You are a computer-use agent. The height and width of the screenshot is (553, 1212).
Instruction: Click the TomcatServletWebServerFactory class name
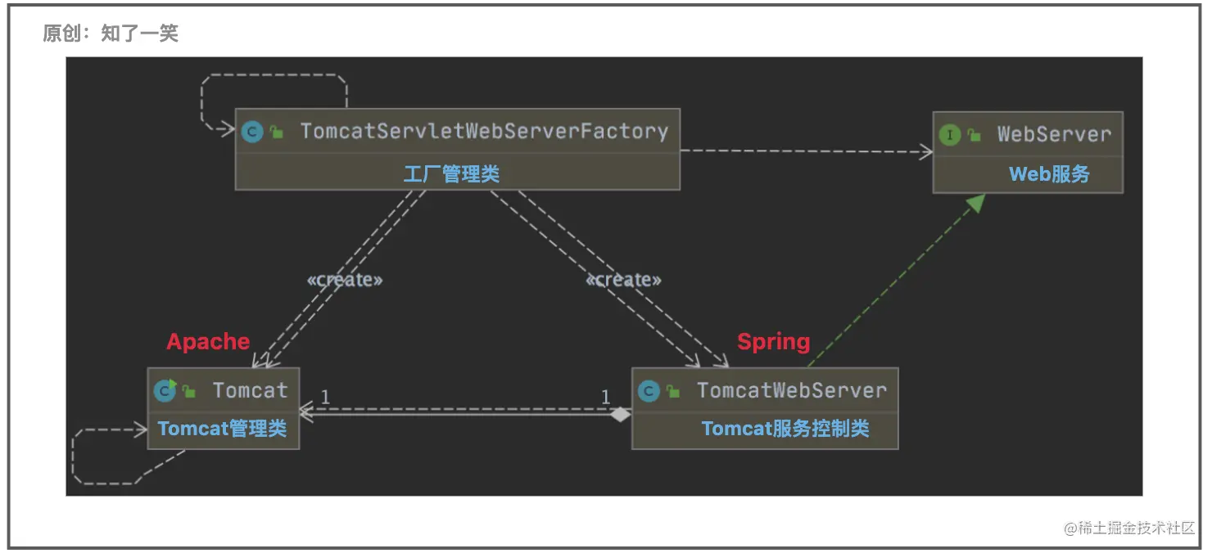[x=484, y=131]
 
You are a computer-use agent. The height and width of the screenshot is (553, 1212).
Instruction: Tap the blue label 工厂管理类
[x=451, y=173]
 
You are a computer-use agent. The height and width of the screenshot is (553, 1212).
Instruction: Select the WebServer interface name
[x=1054, y=135]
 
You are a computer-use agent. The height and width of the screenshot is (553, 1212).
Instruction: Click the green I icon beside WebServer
[x=950, y=135]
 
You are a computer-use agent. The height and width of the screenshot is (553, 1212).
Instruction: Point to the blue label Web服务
[x=1049, y=174]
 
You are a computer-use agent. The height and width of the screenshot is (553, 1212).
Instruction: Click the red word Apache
[x=208, y=341]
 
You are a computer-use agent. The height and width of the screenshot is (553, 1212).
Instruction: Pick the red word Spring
[x=773, y=341]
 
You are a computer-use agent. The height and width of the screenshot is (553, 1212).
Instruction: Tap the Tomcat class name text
[x=250, y=390]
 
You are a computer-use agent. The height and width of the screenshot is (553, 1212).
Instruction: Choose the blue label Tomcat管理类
[x=222, y=429]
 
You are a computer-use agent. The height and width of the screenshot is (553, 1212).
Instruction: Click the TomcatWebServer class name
[x=791, y=390]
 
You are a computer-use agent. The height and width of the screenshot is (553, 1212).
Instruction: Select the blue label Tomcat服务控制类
[x=785, y=429]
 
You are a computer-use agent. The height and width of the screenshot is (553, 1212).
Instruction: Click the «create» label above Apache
[x=345, y=280]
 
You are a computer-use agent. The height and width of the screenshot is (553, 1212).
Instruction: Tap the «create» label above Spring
[x=623, y=280]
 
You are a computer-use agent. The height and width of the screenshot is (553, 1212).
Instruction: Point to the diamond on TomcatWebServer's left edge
[x=622, y=415]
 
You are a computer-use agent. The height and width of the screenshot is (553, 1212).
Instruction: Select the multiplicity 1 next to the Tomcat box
[x=325, y=398]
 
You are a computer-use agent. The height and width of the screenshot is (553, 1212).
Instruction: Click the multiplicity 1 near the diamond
[x=605, y=398]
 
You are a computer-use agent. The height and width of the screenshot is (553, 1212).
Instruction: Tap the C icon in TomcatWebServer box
[x=649, y=391]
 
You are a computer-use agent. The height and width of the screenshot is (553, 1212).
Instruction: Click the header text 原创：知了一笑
[x=111, y=34]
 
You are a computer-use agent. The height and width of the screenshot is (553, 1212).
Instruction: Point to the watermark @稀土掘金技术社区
[x=1129, y=528]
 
